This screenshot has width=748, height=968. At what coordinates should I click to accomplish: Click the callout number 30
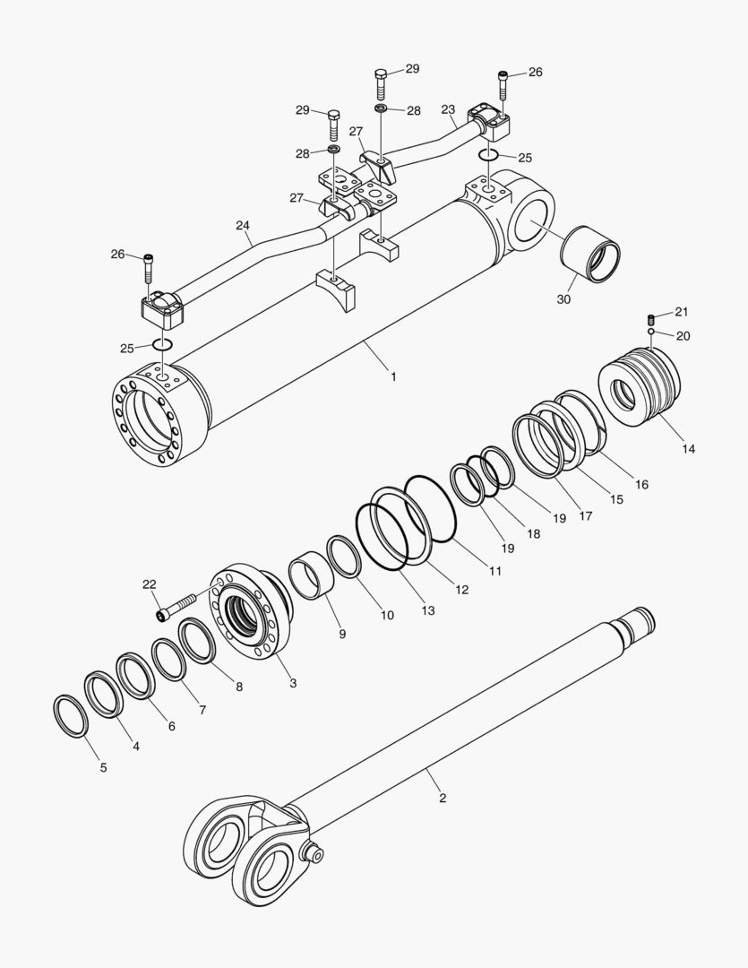tap(563, 299)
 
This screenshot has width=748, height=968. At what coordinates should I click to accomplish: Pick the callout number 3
tap(293, 682)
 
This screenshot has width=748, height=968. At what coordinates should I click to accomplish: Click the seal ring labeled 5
tap(71, 714)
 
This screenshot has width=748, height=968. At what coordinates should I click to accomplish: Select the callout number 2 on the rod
tap(442, 797)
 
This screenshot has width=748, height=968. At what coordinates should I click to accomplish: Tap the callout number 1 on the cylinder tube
tap(392, 377)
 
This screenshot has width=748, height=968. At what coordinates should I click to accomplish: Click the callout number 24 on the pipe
tap(243, 226)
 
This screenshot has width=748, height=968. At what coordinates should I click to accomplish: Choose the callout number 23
tap(449, 109)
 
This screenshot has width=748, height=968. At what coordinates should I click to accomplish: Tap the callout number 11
tap(494, 570)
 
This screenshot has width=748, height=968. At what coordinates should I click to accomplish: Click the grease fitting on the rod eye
tap(314, 853)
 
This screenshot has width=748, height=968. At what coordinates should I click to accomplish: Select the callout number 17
tap(585, 515)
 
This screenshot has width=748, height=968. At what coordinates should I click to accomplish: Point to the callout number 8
tap(238, 687)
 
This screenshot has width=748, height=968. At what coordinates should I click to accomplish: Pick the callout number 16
tap(641, 484)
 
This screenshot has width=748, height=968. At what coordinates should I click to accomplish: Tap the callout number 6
tap(170, 726)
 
